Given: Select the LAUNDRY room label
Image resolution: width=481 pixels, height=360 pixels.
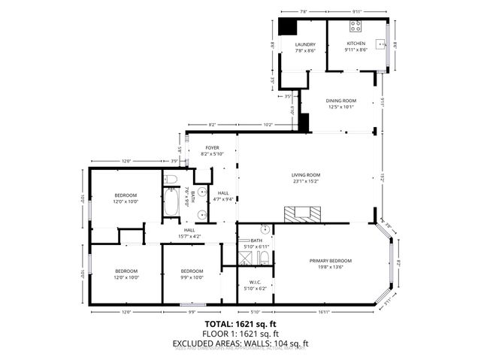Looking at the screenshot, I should point(304,47).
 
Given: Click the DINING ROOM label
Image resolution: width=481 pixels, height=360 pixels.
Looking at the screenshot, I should point(340,103).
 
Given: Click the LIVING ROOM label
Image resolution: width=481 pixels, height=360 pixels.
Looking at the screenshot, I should point(306,178).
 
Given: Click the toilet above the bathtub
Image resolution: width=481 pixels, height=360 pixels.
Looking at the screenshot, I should point(170,179).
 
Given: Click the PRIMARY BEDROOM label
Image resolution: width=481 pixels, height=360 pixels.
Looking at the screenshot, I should point(330,263).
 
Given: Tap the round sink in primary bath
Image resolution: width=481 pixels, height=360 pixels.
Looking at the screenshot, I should point(265,228).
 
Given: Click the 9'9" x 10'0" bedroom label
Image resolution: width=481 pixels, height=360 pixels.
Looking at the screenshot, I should point(192,274).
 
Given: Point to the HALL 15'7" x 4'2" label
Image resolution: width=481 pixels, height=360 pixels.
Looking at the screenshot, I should point(189,233).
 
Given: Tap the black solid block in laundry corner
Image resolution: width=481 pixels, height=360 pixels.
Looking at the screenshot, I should point(287,26).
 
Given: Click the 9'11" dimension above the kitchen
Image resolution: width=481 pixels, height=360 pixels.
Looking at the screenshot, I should point(356,11).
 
